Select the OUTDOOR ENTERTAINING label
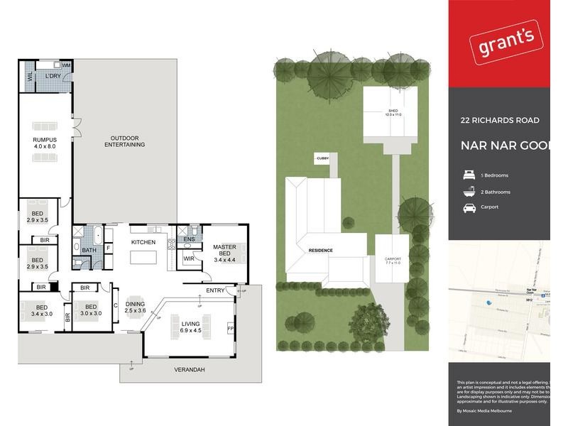click(124, 141)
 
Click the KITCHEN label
click(143, 243)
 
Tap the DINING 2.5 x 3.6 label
click(135, 307)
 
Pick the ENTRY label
click(215, 290)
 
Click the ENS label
click(189, 240)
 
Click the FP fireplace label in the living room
click(230, 329)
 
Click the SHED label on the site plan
click(393, 113)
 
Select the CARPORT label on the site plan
click(393, 261)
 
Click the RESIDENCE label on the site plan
click(321, 251)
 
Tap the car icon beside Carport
click(469, 207)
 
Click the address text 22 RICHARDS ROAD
click(500, 121)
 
